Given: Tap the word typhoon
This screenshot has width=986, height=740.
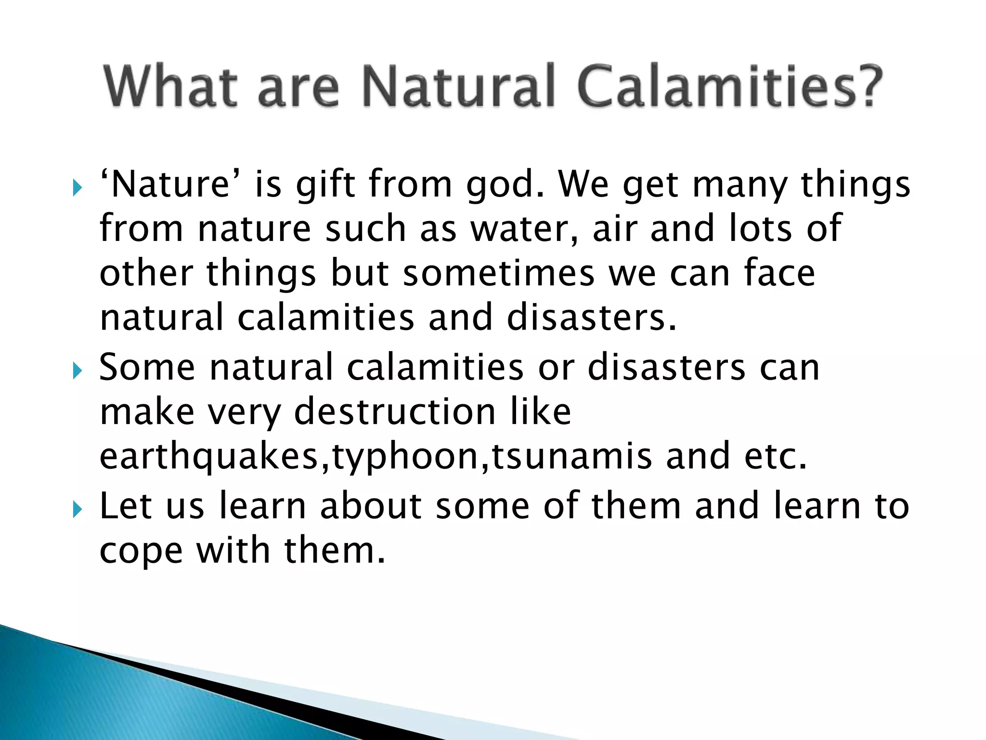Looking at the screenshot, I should pyautogui.click(x=404, y=456).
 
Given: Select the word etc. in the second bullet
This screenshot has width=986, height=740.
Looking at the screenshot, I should pyautogui.click(x=775, y=456).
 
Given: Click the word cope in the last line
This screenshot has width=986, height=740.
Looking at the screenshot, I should pyautogui.click(x=141, y=551).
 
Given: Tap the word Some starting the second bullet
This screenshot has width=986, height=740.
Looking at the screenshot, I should pyautogui.click(x=147, y=367).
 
